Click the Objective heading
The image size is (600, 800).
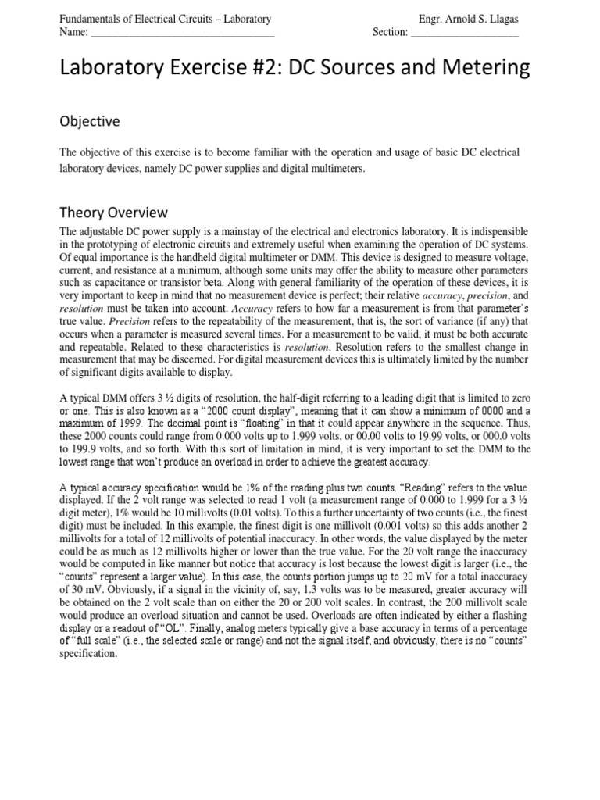90,121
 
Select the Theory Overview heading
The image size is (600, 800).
112,212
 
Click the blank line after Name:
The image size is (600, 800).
183,33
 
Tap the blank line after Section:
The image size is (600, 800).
464,33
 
